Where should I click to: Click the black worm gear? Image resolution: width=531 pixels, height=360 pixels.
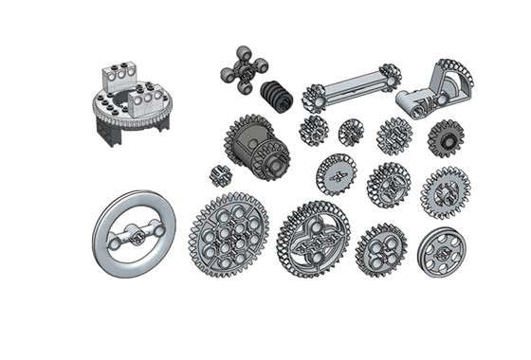(278, 98)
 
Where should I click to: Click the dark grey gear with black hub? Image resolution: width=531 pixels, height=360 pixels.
(443, 138)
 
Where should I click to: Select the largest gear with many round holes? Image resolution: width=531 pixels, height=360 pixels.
(228, 234)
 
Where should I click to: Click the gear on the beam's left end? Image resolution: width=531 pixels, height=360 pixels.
(315, 99)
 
